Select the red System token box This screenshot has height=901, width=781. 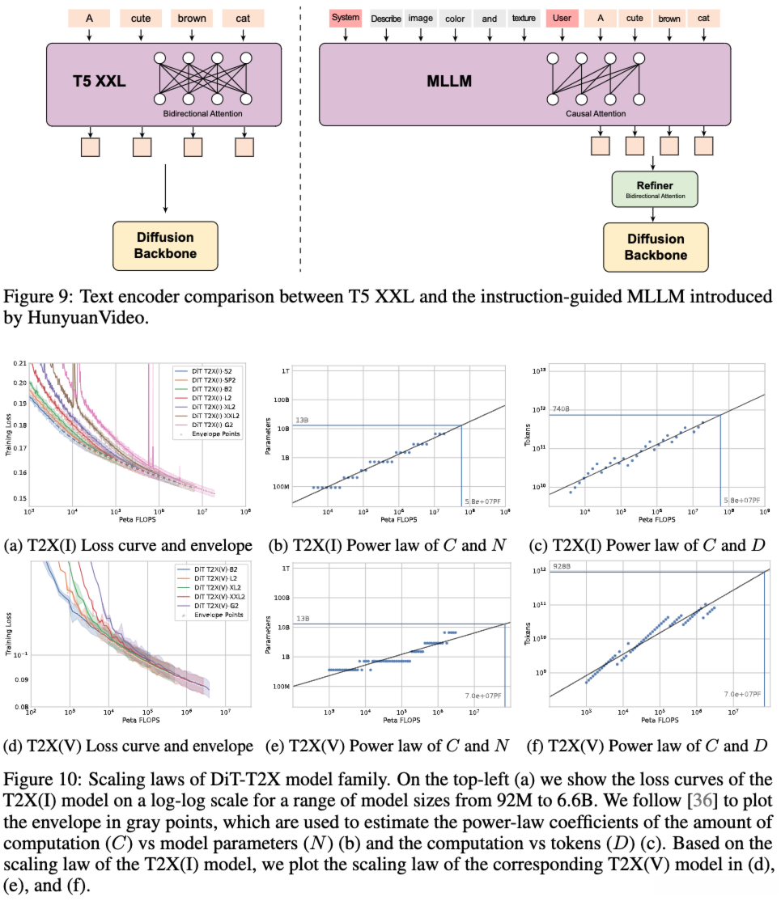346,17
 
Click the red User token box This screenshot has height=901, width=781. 561,17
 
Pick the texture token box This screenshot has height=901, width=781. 524,17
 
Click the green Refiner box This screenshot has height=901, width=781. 654,189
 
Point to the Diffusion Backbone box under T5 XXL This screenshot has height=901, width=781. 165,246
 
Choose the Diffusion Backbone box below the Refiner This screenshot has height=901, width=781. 655,247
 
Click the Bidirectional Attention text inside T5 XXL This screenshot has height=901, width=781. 202,114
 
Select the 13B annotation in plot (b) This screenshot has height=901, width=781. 302,420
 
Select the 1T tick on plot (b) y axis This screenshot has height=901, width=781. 283,370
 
